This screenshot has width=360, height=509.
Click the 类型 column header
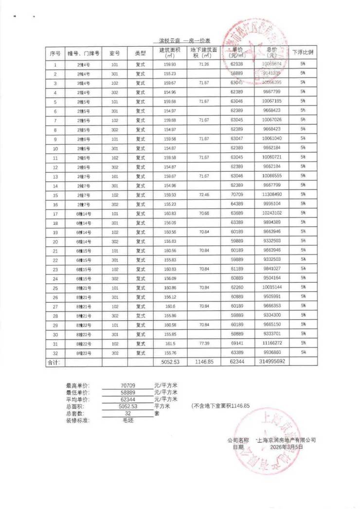pos(140,53)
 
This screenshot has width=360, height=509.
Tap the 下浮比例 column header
pos(303,53)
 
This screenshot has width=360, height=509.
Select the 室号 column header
pos(114,53)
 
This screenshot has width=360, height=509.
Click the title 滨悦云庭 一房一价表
pos(180,40)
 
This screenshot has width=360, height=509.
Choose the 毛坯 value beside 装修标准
pos(128,419)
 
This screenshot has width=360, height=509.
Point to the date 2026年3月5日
pos(287,446)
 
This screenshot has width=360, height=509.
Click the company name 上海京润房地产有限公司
pos(287,440)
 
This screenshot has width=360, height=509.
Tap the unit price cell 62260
pos(237,287)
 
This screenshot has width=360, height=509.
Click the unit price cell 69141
pos(237,343)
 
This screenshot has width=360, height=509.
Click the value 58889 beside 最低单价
pos(128,392)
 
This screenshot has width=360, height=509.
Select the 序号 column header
pos(55,53)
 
